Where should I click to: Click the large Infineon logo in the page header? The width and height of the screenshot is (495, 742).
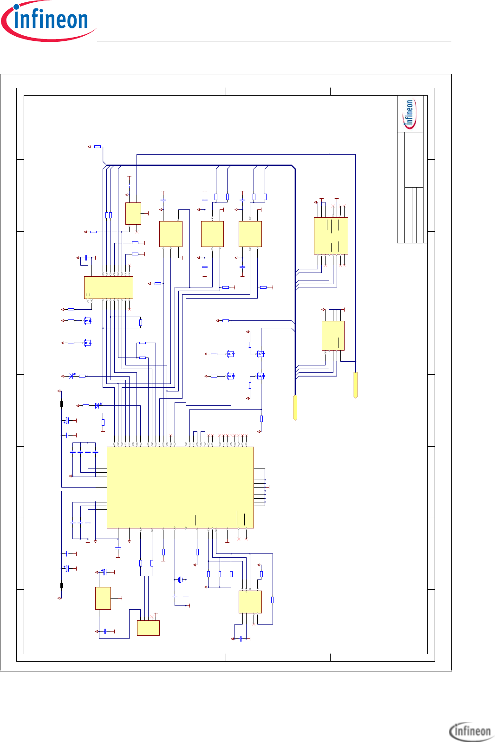click(x=48, y=20)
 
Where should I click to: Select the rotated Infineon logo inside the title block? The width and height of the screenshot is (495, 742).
click(x=410, y=114)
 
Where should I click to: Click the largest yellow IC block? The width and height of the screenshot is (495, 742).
click(x=180, y=487)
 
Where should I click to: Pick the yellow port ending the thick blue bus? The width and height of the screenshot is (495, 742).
click(x=295, y=407)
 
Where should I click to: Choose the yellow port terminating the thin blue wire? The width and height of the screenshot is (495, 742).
click(x=356, y=385)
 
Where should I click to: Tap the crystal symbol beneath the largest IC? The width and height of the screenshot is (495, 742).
click(x=180, y=579)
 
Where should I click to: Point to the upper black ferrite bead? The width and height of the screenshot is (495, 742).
click(x=62, y=404)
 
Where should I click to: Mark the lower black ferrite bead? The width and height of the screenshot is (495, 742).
click(x=62, y=586)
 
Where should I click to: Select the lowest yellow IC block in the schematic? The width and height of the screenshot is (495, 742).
click(x=148, y=628)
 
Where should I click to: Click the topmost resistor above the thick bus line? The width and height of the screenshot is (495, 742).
click(x=98, y=146)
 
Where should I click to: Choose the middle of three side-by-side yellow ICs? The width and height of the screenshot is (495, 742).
click(x=212, y=234)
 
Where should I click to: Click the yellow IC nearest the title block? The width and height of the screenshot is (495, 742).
click(x=331, y=236)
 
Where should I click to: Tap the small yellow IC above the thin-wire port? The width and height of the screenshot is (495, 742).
click(x=333, y=336)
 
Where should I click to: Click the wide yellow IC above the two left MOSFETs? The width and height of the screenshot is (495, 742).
click(x=109, y=287)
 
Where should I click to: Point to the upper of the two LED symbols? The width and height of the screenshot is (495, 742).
click(x=72, y=376)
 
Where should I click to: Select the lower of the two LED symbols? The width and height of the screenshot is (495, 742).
click(x=98, y=405)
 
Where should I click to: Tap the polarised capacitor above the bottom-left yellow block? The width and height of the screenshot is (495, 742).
click(x=104, y=572)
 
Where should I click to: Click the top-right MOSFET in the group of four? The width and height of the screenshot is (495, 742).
click(x=261, y=354)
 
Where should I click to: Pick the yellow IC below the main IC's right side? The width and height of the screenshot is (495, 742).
click(x=250, y=602)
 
